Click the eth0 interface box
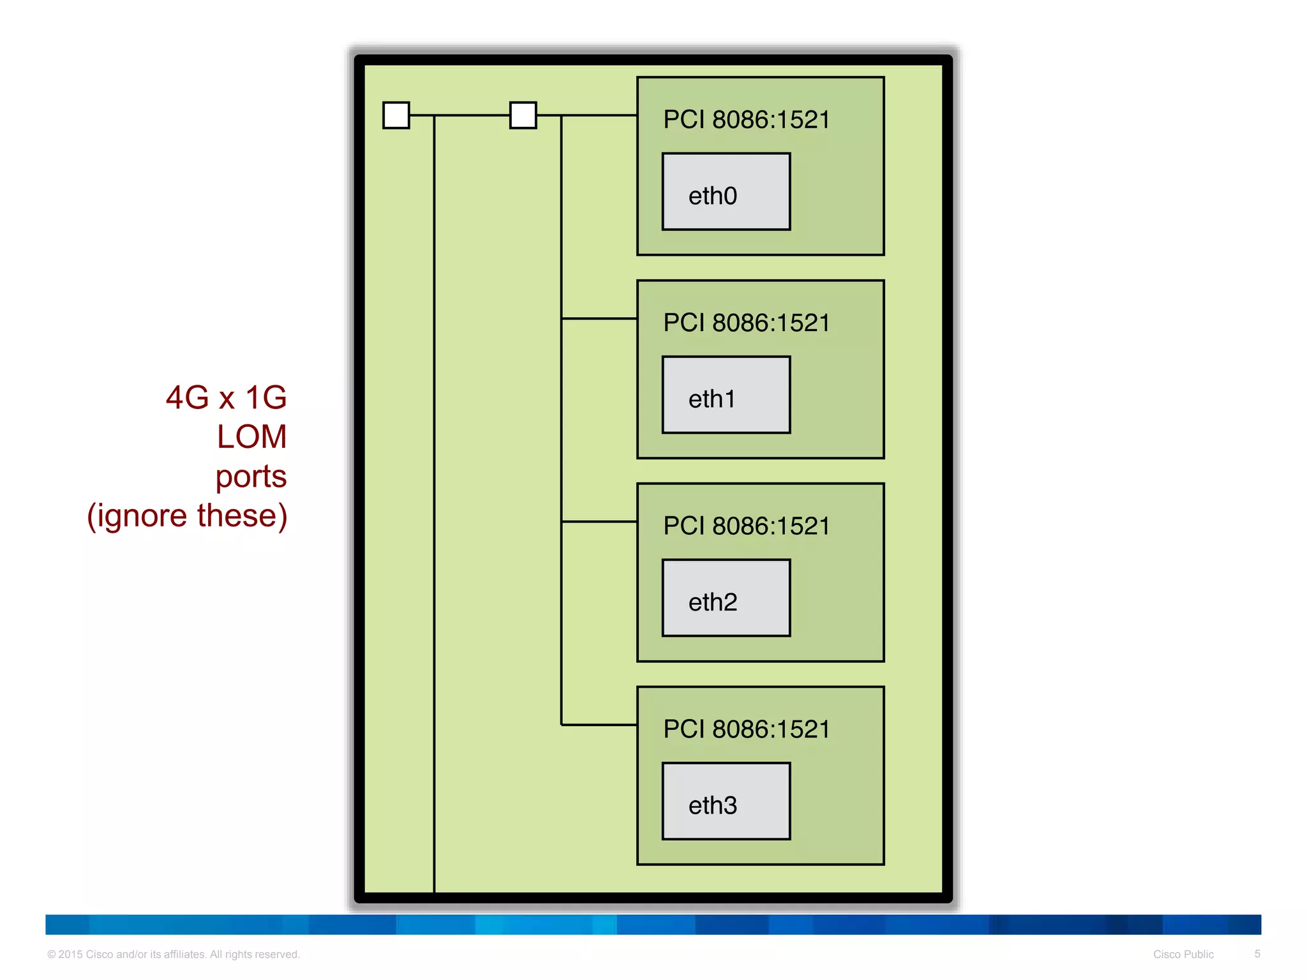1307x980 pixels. click(x=726, y=191)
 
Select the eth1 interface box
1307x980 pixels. click(x=726, y=395)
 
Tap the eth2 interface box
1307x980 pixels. click(x=726, y=598)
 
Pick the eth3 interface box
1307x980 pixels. click(x=726, y=801)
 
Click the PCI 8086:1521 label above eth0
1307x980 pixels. click(x=746, y=120)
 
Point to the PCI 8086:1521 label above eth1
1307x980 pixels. click(x=746, y=323)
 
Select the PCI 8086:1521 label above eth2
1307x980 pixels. click(x=746, y=526)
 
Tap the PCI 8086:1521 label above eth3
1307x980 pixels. click(x=746, y=729)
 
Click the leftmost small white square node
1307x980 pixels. click(x=396, y=115)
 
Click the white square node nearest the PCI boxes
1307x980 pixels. click(x=523, y=115)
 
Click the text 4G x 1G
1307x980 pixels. click(x=226, y=397)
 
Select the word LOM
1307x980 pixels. click(x=251, y=437)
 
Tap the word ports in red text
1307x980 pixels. click(x=251, y=477)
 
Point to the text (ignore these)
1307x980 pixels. click(x=187, y=516)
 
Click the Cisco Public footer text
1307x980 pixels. click(x=1183, y=954)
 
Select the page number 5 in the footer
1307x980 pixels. click(x=1257, y=954)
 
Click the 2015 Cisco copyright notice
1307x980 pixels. click(x=173, y=954)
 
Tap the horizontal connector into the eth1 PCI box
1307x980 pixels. click(x=599, y=318)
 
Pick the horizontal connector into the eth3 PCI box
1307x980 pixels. click(x=599, y=725)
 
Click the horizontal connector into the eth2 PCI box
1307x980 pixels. click(x=599, y=522)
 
